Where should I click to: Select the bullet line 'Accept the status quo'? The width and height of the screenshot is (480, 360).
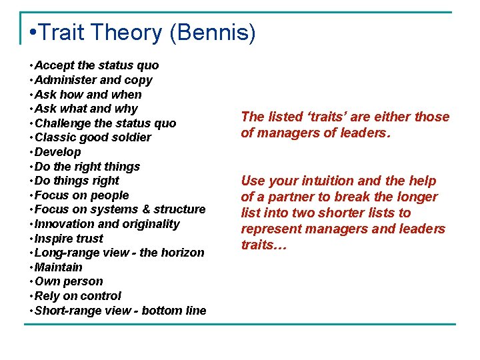coord(96,65)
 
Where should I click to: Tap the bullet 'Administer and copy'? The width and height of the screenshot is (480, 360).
coord(93,80)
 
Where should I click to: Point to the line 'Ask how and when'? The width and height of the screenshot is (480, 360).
coord(87,94)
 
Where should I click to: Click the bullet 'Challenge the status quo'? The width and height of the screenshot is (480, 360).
coord(105,123)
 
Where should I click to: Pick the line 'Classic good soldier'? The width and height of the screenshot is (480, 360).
coord(93,137)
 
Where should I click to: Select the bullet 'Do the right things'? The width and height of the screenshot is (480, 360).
coord(87,167)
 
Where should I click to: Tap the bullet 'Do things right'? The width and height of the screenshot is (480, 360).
coord(76,181)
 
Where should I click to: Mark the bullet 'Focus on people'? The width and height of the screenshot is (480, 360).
coord(81,195)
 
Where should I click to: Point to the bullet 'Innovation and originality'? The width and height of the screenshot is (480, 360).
coord(107,224)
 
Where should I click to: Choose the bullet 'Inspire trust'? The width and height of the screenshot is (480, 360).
coord(69,239)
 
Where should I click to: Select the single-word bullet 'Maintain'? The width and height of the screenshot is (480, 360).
coord(58,267)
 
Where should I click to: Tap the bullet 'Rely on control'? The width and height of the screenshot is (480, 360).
coord(77,296)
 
